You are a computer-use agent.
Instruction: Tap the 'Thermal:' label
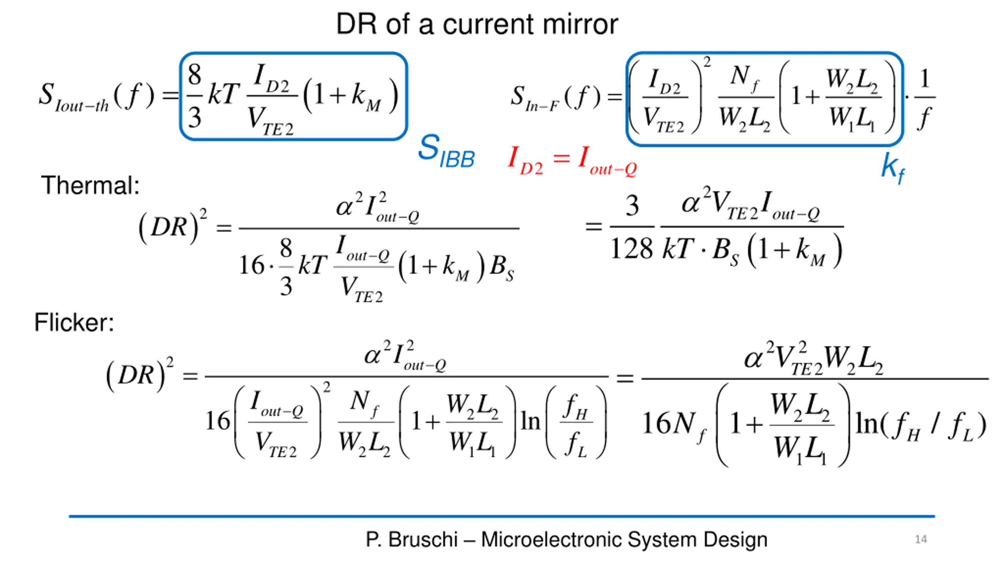click(x=90, y=185)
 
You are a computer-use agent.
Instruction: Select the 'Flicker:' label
click(x=74, y=322)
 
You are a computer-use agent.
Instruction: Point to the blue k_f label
click(x=893, y=168)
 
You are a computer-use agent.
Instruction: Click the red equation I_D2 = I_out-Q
click(x=572, y=160)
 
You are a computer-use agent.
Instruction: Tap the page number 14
click(x=921, y=539)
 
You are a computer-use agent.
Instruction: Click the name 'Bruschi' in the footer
click(x=423, y=539)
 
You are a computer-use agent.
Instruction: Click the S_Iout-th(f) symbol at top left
click(x=96, y=96)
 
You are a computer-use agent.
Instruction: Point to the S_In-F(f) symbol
click(x=555, y=98)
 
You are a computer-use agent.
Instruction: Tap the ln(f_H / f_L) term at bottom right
click(x=920, y=425)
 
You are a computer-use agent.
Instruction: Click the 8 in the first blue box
click(x=195, y=75)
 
